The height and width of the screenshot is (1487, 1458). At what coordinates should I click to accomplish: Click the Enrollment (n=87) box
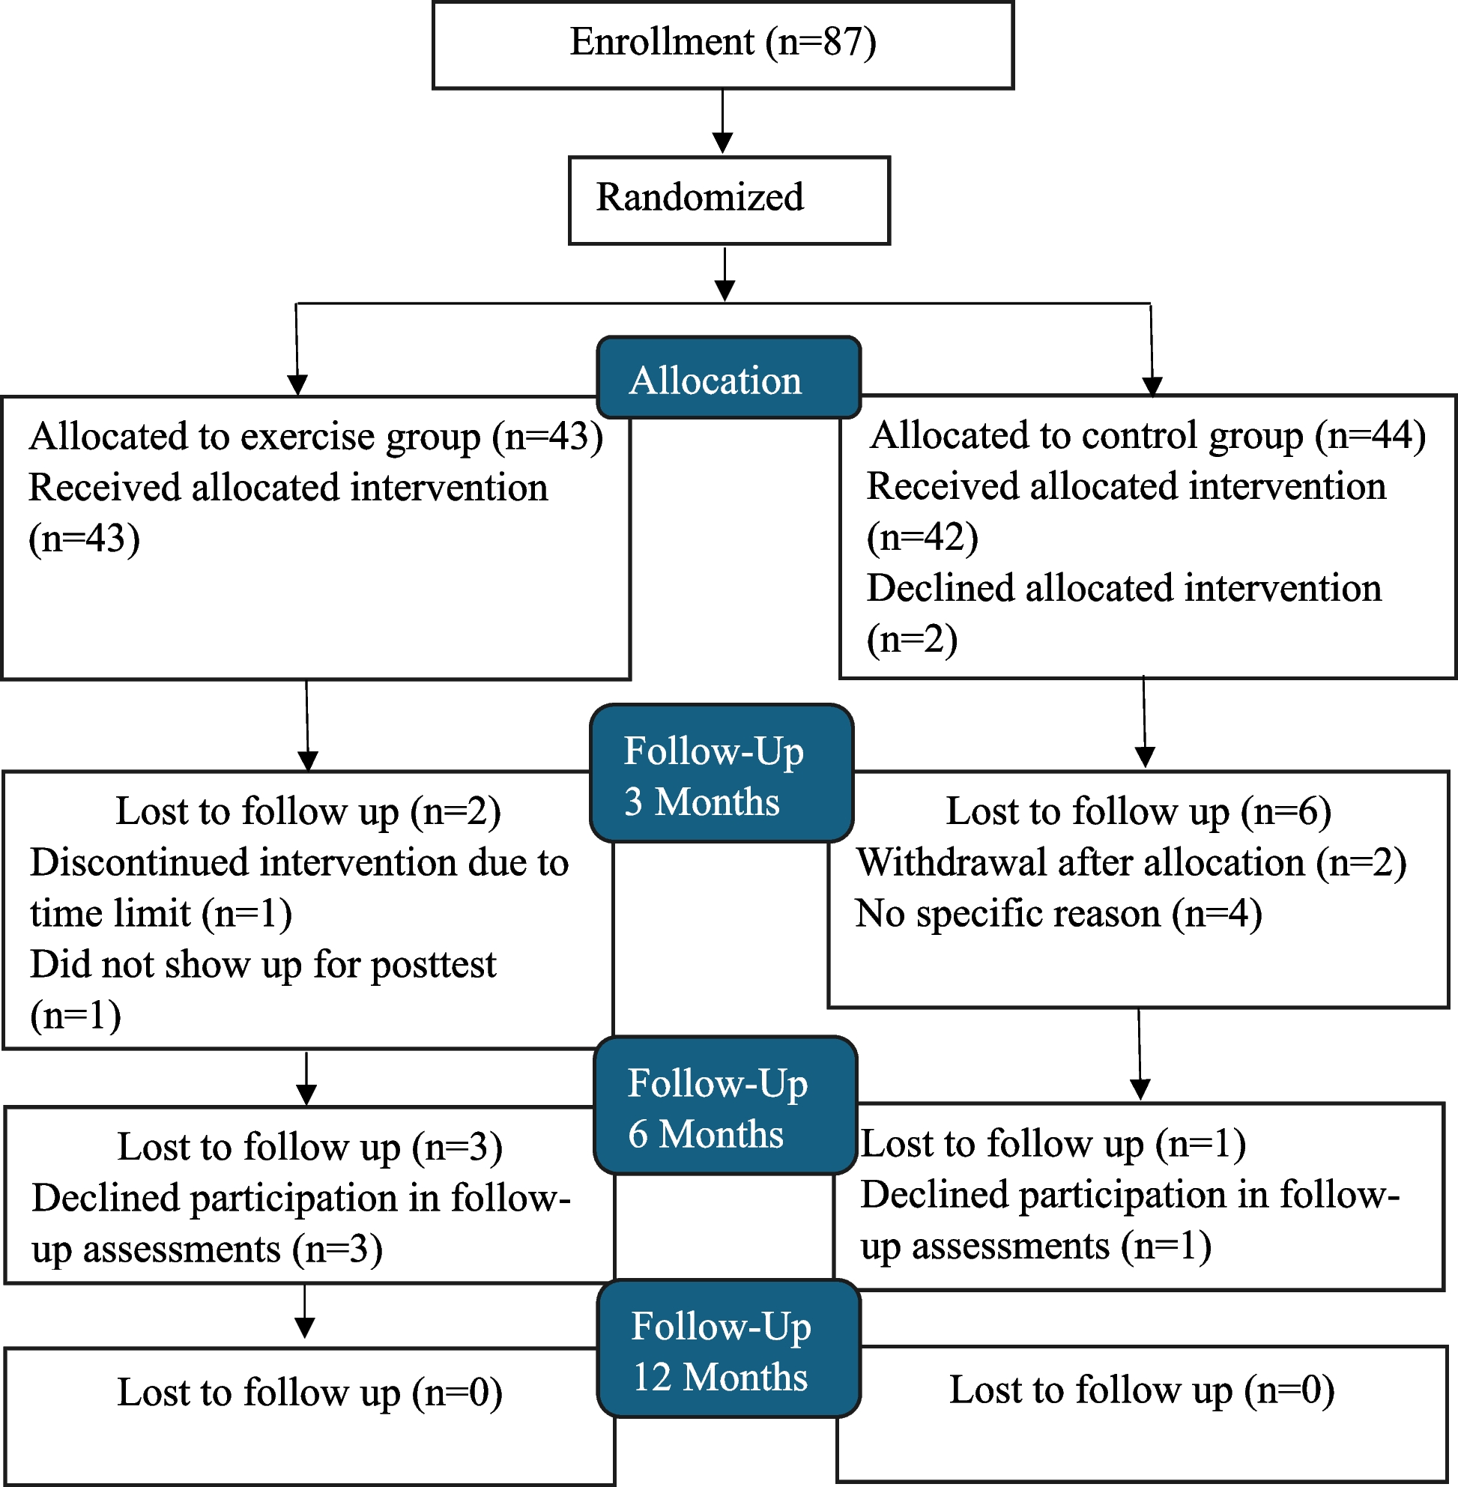click(723, 45)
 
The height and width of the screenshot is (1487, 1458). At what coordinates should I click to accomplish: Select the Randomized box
click(729, 201)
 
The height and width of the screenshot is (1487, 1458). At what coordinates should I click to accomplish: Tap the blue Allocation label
click(729, 378)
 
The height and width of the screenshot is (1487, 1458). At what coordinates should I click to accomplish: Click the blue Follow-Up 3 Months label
click(722, 773)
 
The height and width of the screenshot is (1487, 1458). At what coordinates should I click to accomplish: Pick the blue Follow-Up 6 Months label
click(725, 1106)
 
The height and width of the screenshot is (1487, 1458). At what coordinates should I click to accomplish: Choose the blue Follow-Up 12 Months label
click(729, 1349)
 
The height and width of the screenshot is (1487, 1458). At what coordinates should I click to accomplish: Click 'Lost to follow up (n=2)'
click(309, 811)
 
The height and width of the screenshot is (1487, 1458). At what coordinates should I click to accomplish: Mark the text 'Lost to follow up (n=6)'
click(1139, 811)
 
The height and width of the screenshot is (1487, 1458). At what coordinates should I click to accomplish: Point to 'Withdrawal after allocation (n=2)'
click(1131, 863)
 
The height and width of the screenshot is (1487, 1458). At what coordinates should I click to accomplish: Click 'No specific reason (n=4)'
click(1058, 914)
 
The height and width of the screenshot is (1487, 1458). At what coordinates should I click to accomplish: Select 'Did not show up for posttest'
click(264, 965)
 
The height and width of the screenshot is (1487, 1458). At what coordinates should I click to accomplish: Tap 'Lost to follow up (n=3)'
click(310, 1147)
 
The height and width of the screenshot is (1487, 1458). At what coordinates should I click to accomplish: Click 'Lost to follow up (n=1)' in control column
click(1053, 1144)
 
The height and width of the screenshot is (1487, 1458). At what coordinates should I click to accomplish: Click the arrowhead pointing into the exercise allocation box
click(297, 385)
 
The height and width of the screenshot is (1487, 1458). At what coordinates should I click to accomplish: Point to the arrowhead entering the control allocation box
click(1152, 387)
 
